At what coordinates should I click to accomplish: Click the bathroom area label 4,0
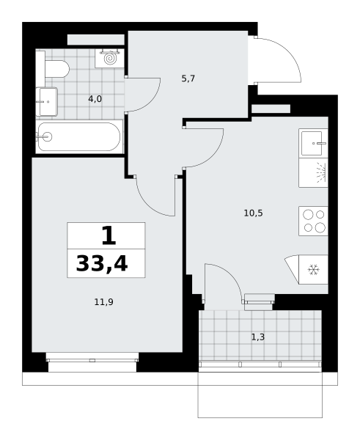(95, 99)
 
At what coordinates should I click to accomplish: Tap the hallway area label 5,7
(188, 78)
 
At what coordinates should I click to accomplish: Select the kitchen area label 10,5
(253, 213)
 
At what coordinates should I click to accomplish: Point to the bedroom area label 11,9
(104, 302)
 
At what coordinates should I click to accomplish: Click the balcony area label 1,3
(258, 337)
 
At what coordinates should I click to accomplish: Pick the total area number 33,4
(102, 264)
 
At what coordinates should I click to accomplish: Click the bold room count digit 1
(109, 235)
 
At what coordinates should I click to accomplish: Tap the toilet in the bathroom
(57, 69)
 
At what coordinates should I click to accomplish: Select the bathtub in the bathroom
(79, 137)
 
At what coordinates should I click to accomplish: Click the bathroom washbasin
(47, 102)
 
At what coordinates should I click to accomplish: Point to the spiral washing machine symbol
(110, 59)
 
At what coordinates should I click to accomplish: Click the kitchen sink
(313, 144)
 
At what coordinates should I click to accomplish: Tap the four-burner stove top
(313, 221)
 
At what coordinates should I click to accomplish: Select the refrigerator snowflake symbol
(313, 270)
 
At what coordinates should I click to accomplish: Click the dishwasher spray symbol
(321, 172)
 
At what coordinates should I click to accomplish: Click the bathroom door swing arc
(152, 101)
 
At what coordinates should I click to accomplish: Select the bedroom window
(92, 362)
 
